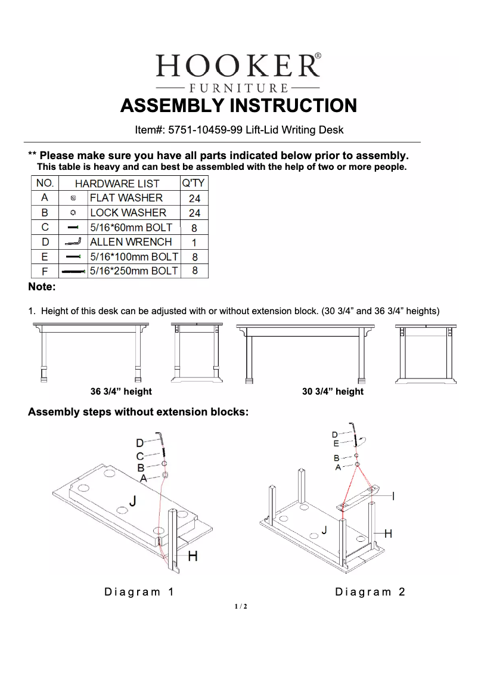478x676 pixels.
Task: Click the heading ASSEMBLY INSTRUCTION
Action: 238,106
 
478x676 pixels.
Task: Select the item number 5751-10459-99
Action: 205,129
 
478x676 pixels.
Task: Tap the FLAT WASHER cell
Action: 126,198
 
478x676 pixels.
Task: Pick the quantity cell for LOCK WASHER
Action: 194,213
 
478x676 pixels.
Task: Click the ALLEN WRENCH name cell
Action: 131,242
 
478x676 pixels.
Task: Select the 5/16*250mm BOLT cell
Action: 134,271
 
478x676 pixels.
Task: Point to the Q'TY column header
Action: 194,183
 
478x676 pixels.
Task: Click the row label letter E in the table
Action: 45,257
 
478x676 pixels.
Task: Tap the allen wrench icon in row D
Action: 73,242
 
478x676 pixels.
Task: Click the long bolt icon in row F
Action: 73,272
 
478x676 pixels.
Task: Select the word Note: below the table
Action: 42,287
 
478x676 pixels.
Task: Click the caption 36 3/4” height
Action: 121,392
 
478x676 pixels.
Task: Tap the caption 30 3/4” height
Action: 333,392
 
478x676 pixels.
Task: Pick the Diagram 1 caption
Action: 139,592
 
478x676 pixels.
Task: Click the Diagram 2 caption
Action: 370,592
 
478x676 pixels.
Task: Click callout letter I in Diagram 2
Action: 393,496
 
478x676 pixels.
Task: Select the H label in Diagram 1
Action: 193,557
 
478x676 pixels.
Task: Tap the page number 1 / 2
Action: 241,607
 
